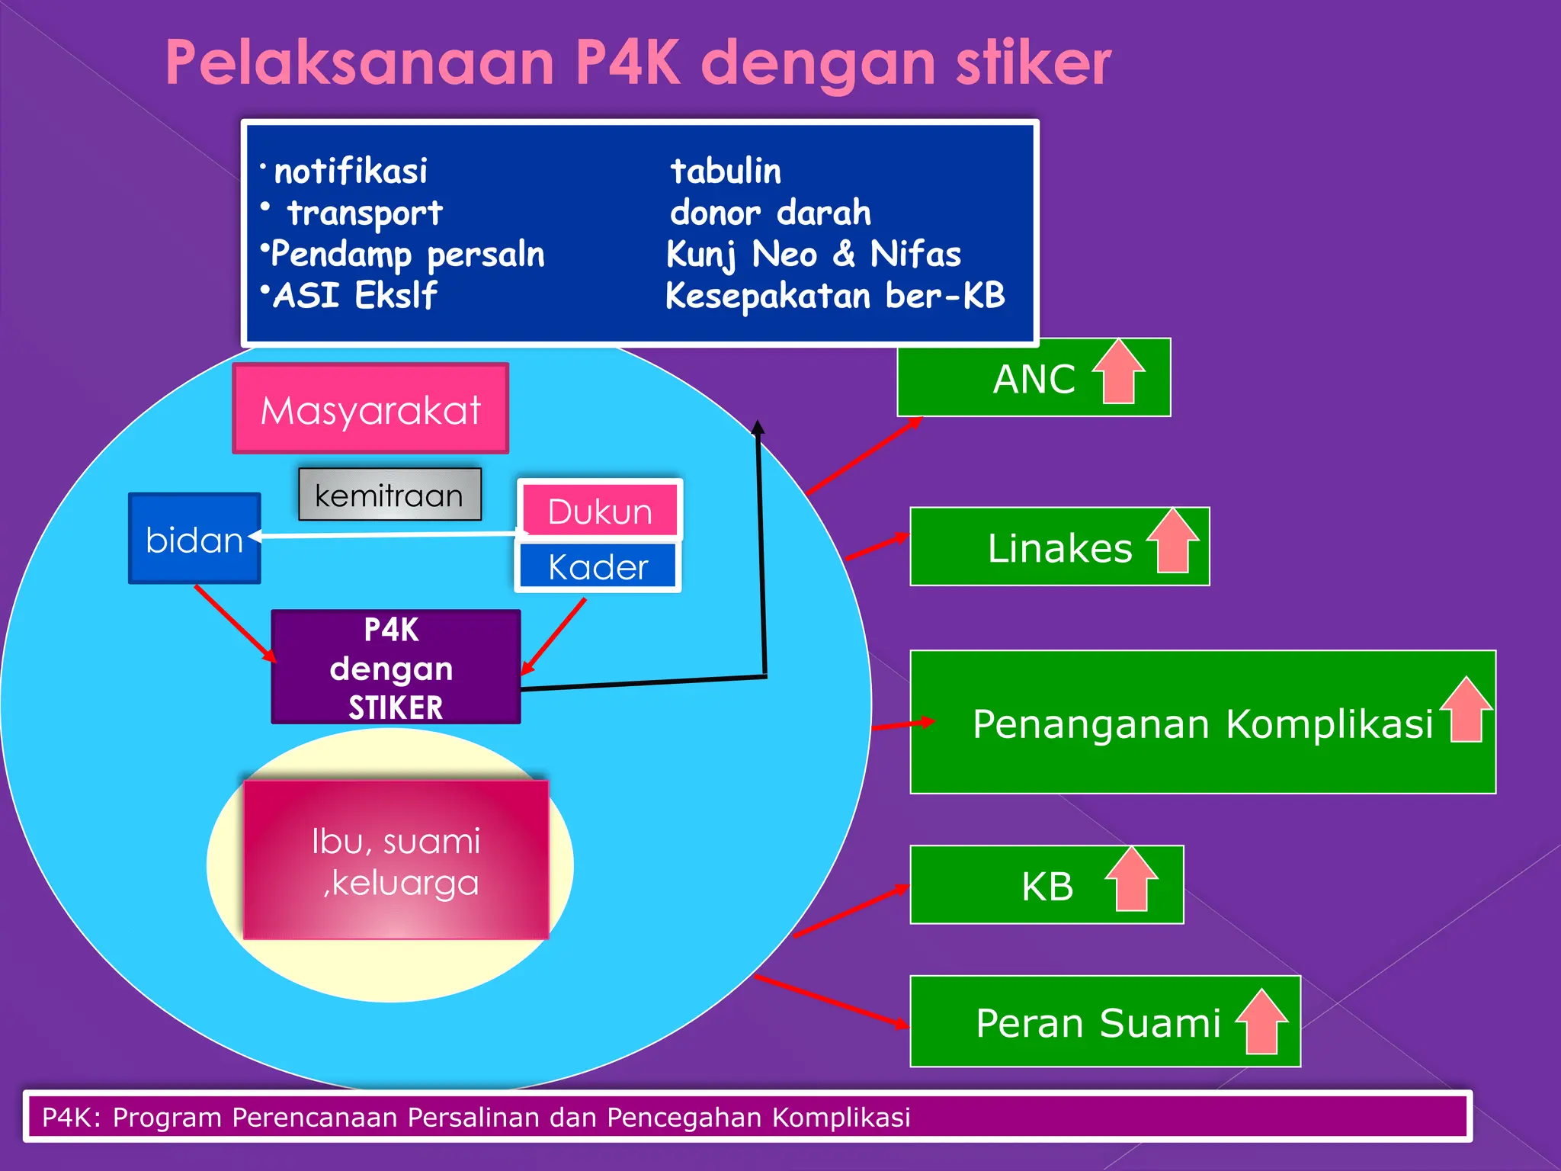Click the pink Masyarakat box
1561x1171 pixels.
pyautogui.click(x=370, y=409)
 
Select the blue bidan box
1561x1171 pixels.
pyautogui.click(x=194, y=539)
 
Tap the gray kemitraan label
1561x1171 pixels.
pyautogui.click(x=389, y=496)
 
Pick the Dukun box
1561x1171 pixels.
pyautogui.click(x=600, y=511)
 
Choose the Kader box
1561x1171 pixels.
pyautogui.click(x=598, y=566)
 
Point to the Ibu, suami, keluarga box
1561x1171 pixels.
pyautogui.click(x=396, y=860)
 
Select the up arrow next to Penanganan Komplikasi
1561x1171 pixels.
pyautogui.click(x=1466, y=711)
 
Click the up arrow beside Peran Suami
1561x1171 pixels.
pyautogui.click(x=1261, y=1022)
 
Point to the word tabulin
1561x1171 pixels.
pyautogui.click(x=726, y=171)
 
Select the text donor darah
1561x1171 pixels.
pyautogui.click(x=770, y=213)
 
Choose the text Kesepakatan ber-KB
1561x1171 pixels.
pyautogui.click(x=835, y=296)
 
